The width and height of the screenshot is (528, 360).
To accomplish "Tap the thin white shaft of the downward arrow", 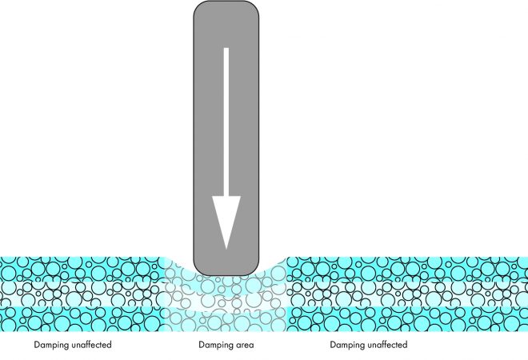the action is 226,122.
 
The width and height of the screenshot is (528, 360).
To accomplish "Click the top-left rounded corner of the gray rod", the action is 199,7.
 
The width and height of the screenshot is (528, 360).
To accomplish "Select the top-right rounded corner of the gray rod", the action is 253,7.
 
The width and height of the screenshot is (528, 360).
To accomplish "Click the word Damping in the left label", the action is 51,345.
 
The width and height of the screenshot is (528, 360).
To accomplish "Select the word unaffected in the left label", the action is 91,345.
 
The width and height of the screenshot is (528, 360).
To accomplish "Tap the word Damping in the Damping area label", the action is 216,345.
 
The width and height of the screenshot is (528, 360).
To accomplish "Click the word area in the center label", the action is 245,346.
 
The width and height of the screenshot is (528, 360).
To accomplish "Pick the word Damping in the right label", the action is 347,345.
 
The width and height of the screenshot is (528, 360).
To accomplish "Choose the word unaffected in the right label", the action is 387,345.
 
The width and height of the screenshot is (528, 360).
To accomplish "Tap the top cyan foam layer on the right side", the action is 407,270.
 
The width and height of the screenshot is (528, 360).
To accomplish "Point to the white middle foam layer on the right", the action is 407,294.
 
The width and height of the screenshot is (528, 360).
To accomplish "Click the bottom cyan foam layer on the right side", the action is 407,319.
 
